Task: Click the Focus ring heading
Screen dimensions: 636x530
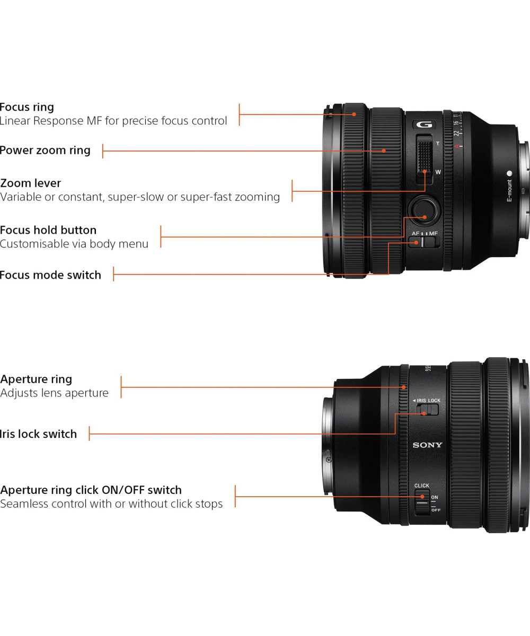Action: tap(27, 107)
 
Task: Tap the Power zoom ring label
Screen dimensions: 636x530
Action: tap(45, 151)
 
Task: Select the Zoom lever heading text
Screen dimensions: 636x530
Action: tap(31, 183)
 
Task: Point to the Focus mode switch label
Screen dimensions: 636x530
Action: tap(50, 275)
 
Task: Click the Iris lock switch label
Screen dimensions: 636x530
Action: tap(39, 434)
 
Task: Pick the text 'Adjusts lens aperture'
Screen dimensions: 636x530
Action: tap(55, 393)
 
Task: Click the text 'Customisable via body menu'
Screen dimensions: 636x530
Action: tap(74, 244)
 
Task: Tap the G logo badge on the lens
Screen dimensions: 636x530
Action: tap(424, 125)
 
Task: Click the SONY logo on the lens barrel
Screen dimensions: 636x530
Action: tap(427, 445)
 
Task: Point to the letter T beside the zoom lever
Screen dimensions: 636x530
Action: tap(438, 144)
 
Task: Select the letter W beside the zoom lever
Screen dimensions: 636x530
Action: tap(438, 172)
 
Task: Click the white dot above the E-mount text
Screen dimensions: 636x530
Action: tap(509, 173)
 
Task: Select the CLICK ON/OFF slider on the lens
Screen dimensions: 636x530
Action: tap(422, 501)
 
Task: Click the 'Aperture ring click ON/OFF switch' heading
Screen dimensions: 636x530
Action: tap(91, 490)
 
